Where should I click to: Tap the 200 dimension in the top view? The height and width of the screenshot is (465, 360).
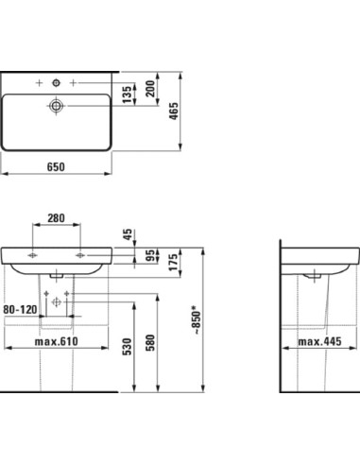[x=150, y=91]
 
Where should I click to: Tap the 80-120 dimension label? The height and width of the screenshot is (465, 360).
[x=19, y=309]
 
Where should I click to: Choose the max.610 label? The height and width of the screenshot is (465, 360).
[x=56, y=341]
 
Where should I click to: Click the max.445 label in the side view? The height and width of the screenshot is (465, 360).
[x=318, y=341]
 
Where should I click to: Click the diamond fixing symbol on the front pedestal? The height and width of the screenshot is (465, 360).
[x=55, y=301]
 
